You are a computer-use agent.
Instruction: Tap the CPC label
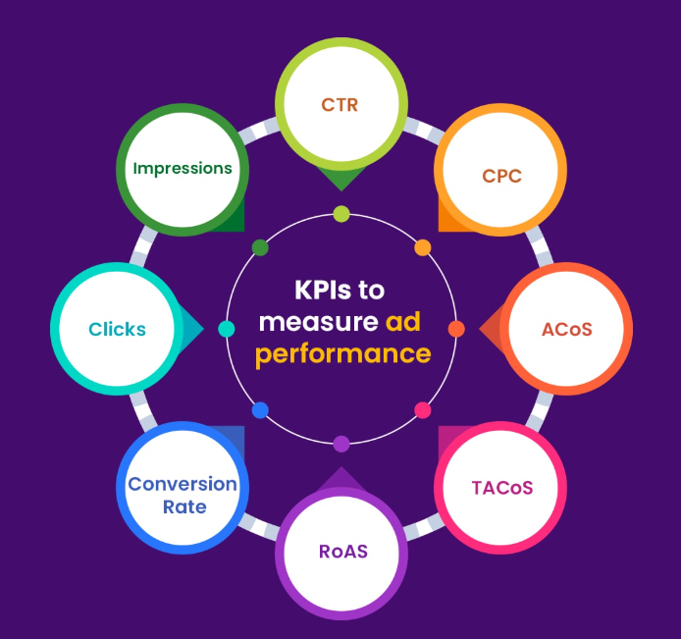[x=501, y=177]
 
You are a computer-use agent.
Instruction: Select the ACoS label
[x=567, y=329]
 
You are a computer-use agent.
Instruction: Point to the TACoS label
[x=501, y=488]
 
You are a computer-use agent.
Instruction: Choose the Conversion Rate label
[x=183, y=495]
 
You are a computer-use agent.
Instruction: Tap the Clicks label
[x=117, y=329]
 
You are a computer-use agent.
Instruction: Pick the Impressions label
[x=183, y=168]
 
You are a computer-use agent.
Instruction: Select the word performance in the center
[x=342, y=352]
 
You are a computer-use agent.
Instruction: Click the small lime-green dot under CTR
[x=341, y=214]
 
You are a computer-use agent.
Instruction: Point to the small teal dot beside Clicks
[x=227, y=329]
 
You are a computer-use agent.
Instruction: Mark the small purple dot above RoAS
[x=341, y=444]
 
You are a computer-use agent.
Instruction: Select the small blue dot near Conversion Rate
[x=260, y=410]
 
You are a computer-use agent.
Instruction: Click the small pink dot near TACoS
[x=423, y=410]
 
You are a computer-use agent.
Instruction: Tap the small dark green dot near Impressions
[x=260, y=247]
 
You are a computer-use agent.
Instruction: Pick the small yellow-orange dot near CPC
[x=423, y=247]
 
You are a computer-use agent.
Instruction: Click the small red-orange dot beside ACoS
[x=456, y=329]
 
